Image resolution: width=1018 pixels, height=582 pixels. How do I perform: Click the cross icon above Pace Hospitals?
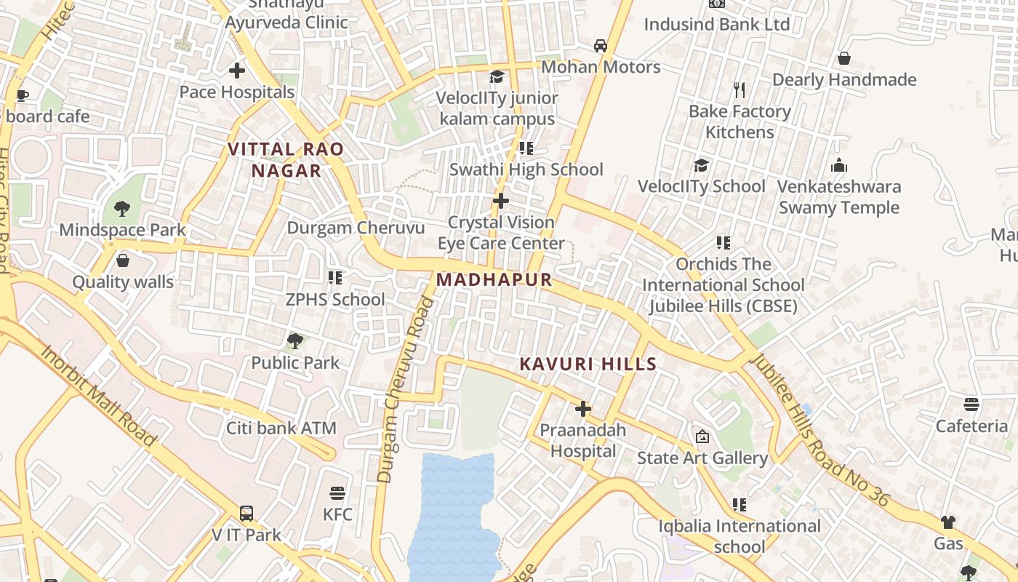pyautogui.click(x=237, y=71)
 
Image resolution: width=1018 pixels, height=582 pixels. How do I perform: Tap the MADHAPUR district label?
pyautogui.click(x=494, y=280)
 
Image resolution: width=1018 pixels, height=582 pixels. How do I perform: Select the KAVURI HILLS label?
pyautogui.click(x=588, y=364)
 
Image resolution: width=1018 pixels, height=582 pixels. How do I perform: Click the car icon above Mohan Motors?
pyautogui.click(x=601, y=46)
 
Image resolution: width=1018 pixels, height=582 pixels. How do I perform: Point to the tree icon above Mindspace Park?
pyautogui.click(x=122, y=209)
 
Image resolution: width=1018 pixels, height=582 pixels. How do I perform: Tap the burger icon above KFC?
pyautogui.click(x=337, y=493)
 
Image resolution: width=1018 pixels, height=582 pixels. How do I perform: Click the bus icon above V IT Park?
pyautogui.click(x=247, y=514)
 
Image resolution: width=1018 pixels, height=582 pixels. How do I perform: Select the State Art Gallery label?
pyautogui.click(x=702, y=458)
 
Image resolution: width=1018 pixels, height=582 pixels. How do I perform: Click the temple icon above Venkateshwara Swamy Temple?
pyautogui.click(x=839, y=165)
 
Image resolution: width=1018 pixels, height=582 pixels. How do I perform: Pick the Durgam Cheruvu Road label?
pyautogui.click(x=404, y=390)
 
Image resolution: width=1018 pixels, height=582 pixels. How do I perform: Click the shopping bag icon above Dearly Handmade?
pyautogui.click(x=844, y=58)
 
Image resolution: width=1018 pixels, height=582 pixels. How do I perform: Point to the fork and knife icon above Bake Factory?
pyautogui.click(x=740, y=90)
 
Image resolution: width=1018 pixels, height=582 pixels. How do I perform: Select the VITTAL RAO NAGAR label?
pyautogui.click(x=286, y=160)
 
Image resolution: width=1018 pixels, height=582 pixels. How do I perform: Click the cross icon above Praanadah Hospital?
pyautogui.click(x=583, y=409)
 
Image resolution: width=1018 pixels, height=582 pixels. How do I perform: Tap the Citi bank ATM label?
pyautogui.click(x=281, y=428)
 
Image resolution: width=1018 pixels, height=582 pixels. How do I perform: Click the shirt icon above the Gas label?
pyautogui.click(x=948, y=522)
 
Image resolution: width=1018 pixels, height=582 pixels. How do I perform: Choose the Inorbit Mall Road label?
pyautogui.click(x=98, y=395)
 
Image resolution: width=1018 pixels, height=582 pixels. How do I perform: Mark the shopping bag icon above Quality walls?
pyautogui.click(x=123, y=260)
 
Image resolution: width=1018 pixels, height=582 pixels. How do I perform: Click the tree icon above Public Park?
pyautogui.click(x=295, y=341)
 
